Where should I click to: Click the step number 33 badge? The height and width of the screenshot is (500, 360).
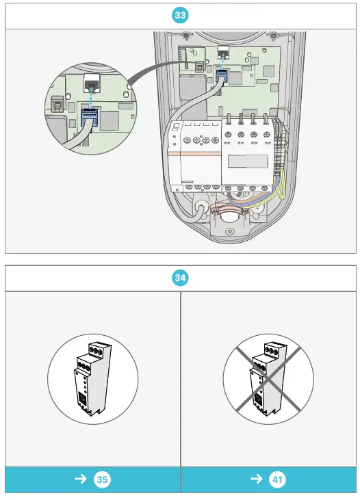(x=180, y=14)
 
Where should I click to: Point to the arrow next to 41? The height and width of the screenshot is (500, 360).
(x=257, y=479)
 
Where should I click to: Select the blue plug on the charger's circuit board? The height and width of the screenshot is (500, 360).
(x=221, y=77)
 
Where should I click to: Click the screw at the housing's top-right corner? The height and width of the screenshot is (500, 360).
(x=273, y=36)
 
